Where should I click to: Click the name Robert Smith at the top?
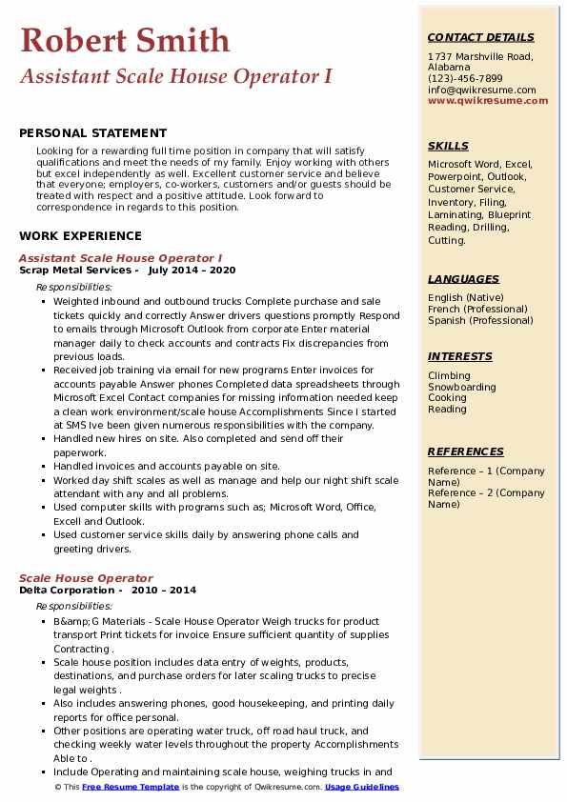coord(125,41)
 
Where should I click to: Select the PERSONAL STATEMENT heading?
coord(92,133)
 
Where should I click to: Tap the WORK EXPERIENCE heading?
coord(80,236)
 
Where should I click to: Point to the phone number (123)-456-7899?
coord(465,79)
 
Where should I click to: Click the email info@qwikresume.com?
coord(481,90)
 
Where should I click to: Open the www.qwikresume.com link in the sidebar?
coord(481,100)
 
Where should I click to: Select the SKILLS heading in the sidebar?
coord(448,146)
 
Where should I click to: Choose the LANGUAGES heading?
coord(463,279)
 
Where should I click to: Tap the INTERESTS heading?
coord(460,356)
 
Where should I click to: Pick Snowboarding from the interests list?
coord(461,388)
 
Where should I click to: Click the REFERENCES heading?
coord(466,451)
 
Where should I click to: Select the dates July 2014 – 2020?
coord(192,270)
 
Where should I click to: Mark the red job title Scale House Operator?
coord(86,578)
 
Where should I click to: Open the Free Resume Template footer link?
coord(131,788)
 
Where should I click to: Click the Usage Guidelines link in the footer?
coord(362,788)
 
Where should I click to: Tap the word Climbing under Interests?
coord(449,376)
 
